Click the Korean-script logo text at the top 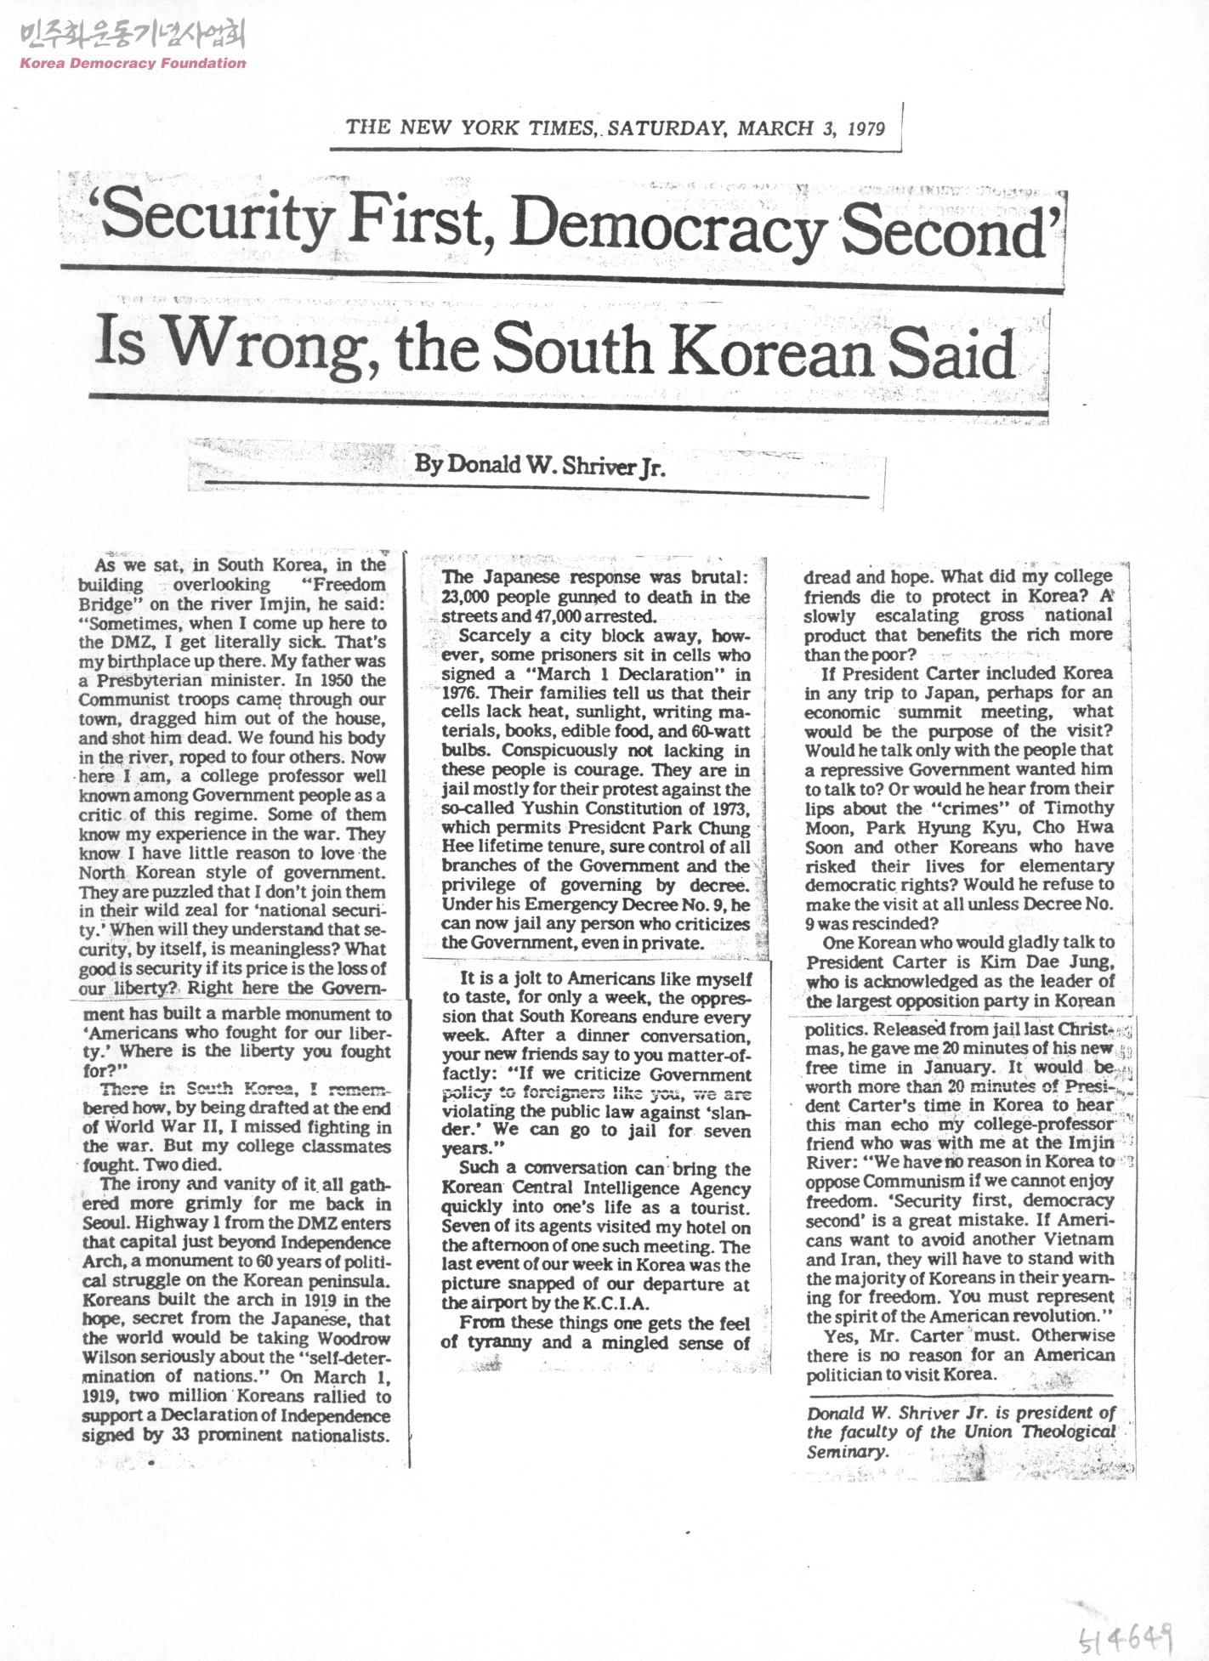click(131, 36)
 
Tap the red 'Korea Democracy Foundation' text click(132, 63)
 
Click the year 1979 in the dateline click(865, 128)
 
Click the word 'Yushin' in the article click(549, 808)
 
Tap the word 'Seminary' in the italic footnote click(846, 1451)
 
